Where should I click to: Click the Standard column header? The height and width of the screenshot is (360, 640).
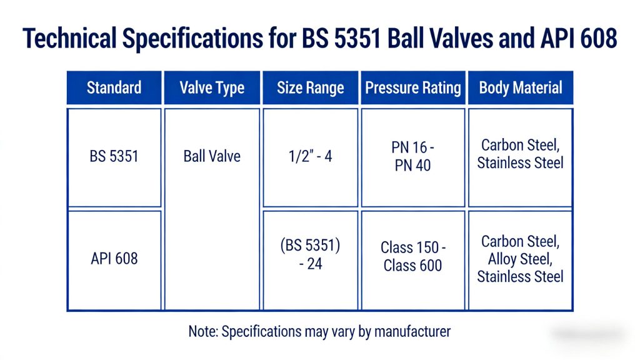(114, 87)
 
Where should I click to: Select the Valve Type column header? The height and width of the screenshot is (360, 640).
(212, 87)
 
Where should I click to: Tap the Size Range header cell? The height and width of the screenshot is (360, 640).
(311, 87)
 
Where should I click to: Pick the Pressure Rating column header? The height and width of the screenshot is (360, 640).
(413, 87)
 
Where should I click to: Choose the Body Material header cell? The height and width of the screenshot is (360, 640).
(521, 87)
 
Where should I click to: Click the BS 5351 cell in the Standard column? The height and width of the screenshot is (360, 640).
(114, 156)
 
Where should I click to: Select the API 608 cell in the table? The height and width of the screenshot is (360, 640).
(114, 258)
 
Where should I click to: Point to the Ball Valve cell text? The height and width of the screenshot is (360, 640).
(212, 156)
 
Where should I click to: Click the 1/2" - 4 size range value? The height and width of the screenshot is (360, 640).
(311, 156)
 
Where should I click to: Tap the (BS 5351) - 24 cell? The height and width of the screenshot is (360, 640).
(311, 254)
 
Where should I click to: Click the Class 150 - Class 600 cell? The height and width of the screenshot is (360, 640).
(413, 256)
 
